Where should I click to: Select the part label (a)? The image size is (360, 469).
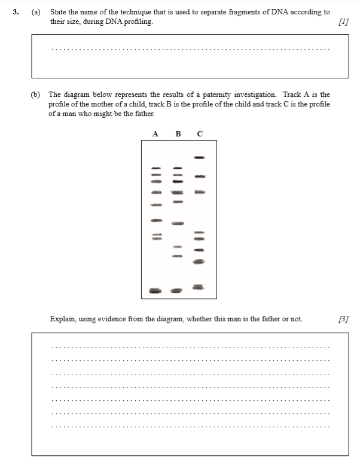point(36,12)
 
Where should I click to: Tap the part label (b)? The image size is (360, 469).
point(36,95)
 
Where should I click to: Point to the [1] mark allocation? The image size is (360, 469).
point(343,22)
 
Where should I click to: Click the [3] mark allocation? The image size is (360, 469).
point(343,319)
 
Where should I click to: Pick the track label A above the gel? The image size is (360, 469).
point(155,133)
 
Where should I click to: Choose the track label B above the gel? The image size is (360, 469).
point(178,133)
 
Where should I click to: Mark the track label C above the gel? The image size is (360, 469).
point(200,133)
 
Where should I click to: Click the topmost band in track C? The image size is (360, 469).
point(200,157)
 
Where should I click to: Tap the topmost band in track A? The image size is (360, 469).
point(155,168)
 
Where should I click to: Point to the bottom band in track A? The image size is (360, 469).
point(155,291)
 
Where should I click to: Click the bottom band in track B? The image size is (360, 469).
point(176,291)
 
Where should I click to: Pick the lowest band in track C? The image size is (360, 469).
point(199,287)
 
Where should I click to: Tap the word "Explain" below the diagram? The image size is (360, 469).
point(63,319)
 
